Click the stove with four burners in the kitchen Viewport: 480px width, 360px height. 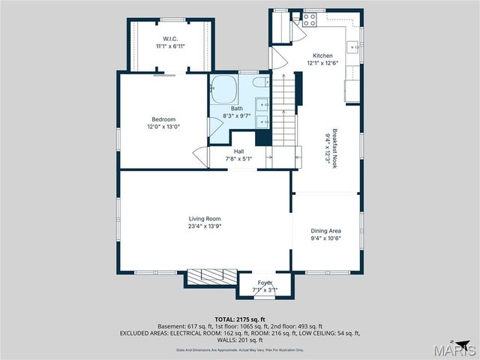(x=309, y=21)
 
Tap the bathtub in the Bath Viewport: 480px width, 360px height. (x=223, y=91)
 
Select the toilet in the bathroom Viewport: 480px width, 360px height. (x=258, y=82)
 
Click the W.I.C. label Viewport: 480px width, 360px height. (x=169, y=38)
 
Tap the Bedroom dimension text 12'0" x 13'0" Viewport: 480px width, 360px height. (x=163, y=127)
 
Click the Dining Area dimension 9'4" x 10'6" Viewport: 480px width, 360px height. (x=326, y=238)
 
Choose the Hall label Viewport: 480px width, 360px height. (x=238, y=151)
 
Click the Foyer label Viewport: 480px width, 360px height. (x=265, y=282)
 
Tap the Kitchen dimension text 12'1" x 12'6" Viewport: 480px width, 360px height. (x=322, y=63)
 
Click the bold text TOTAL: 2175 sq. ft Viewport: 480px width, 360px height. (x=241, y=319)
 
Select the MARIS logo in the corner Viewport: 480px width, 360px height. (x=457, y=348)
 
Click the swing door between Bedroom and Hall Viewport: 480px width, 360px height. (x=200, y=158)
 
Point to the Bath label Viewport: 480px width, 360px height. (x=237, y=109)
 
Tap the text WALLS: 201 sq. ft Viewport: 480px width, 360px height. (x=241, y=340)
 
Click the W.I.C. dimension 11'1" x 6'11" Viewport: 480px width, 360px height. (x=169, y=46)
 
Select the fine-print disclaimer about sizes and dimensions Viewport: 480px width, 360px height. (x=241, y=349)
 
